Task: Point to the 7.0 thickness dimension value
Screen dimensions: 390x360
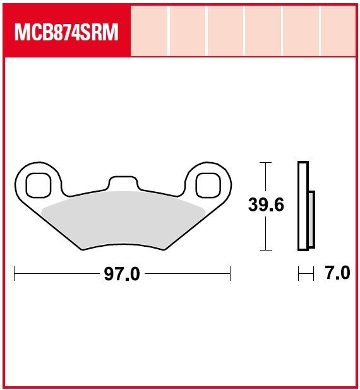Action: coord(337,274)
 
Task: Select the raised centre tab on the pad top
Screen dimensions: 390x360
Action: coord(123,182)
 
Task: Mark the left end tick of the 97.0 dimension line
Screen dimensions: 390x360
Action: coord(15,274)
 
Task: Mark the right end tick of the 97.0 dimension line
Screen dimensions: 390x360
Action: coord(231,274)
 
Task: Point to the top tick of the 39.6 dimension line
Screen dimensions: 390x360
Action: coord(266,163)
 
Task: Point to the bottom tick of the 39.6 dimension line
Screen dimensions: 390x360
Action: coord(266,250)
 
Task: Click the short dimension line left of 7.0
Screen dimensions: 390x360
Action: coord(306,274)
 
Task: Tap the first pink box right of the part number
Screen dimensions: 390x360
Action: coord(150,30)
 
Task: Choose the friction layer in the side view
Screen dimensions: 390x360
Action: coord(311,218)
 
